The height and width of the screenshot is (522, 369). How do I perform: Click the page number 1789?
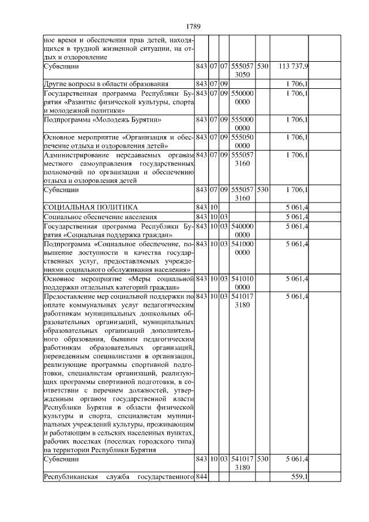193,27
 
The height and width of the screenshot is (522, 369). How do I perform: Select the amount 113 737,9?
293,66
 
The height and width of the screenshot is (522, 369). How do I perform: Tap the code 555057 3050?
242,70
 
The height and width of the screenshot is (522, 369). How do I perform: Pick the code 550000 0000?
242,97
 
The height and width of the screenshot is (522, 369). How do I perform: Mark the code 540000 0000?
242,230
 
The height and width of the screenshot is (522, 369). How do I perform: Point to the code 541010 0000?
242,283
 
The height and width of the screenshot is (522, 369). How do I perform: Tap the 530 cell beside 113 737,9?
262,66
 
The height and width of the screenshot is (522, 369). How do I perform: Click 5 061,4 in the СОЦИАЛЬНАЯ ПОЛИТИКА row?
296,206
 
